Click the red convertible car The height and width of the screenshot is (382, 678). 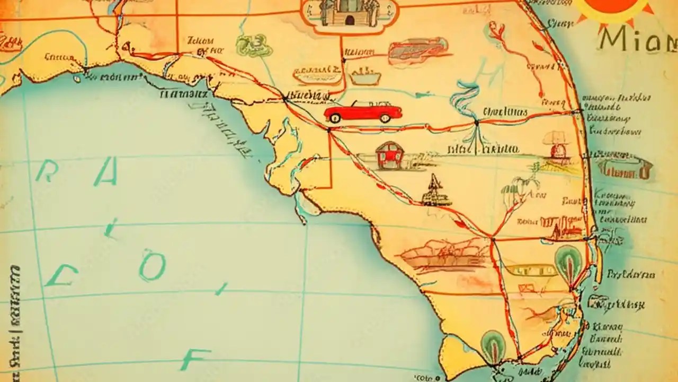[363, 112]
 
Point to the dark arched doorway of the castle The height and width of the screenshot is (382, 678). [350, 20]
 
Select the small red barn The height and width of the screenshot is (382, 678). [389, 155]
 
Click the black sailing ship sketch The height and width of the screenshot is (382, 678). [436, 192]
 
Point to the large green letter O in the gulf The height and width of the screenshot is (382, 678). [153, 265]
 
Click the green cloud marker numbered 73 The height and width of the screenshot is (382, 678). [254, 45]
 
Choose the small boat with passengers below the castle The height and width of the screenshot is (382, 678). [365, 76]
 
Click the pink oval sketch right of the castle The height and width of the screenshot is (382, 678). [418, 51]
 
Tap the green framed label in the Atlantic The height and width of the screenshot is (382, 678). [625, 169]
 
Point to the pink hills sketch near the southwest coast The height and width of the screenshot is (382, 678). [445, 255]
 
